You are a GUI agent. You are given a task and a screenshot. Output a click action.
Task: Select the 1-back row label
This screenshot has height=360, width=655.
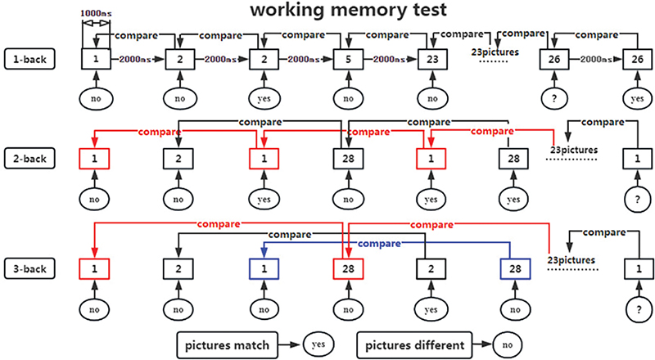[29, 58]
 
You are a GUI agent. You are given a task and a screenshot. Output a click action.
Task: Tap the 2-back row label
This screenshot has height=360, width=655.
[29, 156]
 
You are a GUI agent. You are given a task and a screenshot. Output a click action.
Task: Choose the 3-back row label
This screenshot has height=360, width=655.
[29, 267]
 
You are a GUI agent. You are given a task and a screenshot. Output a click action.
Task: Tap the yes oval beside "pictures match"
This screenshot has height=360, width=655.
[318, 344]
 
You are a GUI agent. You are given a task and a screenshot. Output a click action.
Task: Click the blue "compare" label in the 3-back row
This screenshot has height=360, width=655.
[378, 244]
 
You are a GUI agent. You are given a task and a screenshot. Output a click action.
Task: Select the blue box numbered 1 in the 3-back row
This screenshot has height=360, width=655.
[264, 268]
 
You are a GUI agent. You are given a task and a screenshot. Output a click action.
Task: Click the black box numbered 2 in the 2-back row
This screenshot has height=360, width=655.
[180, 157]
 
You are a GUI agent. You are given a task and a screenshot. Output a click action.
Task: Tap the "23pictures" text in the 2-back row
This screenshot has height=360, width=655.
[574, 150]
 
